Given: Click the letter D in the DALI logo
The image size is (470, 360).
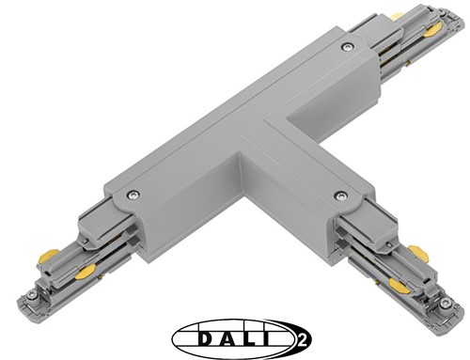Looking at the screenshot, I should tap(196, 336).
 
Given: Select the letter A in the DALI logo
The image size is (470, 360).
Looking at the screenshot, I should tap(223, 336).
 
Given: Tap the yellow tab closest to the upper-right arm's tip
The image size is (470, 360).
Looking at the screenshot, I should tap(431, 30).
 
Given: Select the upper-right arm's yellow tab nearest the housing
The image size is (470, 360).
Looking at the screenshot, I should tap(398, 16).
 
